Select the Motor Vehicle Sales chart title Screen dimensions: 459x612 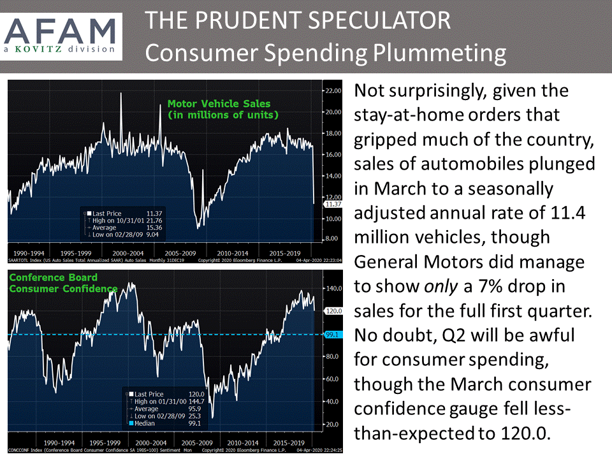coord(219,108)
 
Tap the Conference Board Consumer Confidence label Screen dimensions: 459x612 coord(54,283)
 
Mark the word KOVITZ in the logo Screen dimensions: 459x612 coord(52,48)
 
